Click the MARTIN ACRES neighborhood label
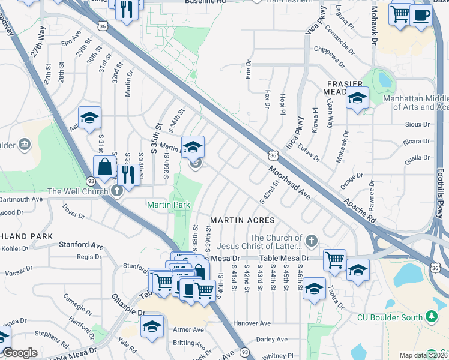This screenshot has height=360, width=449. [x=242, y=220]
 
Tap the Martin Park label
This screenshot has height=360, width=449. [x=169, y=205]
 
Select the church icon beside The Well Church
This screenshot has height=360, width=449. [x=117, y=191]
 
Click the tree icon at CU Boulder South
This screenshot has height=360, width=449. [x=431, y=316]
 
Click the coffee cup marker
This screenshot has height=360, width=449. [x=422, y=15]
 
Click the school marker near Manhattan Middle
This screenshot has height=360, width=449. [x=357, y=97]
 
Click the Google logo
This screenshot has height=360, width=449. [x=19, y=353]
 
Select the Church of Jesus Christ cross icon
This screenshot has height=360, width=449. [x=310, y=241]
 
